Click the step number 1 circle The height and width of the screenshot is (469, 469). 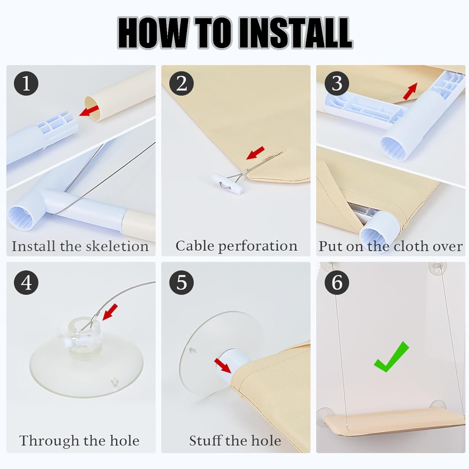(26, 83)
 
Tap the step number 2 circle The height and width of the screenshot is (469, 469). (181, 83)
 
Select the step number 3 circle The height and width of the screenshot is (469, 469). (337, 83)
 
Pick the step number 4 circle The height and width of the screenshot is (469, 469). (26, 282)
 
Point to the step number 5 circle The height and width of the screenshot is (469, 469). (181, 282)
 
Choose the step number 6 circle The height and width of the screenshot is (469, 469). (337, 282)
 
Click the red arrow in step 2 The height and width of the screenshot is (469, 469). (255, 153)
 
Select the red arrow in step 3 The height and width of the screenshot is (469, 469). (410, 91)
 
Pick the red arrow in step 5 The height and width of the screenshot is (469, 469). (223, 366)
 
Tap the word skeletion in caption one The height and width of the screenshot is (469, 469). (117, 246)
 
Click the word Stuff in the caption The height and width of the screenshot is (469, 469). (205, 441)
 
